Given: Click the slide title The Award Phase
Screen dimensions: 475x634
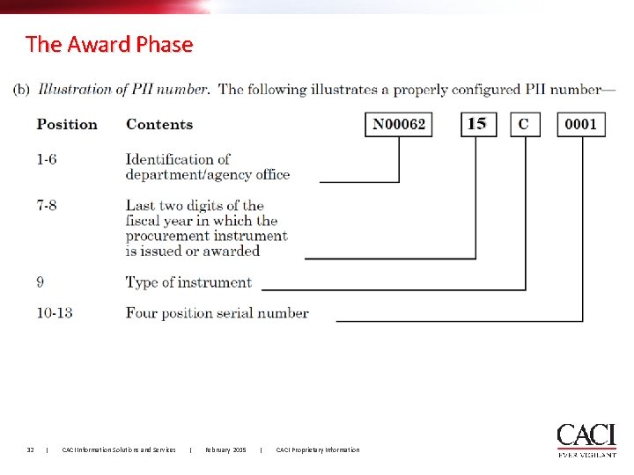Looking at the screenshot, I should coord(109,44).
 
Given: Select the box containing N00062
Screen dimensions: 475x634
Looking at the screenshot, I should coord(399,124).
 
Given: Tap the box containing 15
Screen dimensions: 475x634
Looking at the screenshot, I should coord(476,124).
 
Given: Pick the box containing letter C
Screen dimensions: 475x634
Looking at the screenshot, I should coord(524,124).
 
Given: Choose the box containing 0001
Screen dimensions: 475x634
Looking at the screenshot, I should coord(581,124).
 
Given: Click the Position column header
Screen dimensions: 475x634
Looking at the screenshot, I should coord(67,124).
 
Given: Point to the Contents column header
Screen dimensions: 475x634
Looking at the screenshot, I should coord(159,124).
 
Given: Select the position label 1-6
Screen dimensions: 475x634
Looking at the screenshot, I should coord(49,159).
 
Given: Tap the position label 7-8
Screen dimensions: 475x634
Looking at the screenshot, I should coord(49,206).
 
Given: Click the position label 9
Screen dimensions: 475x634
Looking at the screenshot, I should coord(41,282).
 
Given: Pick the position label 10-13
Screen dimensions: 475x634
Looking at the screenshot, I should coord(55,312).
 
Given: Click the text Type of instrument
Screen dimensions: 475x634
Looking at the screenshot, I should coord(188,282).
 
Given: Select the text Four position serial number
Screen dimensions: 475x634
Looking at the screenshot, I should coord(217,312).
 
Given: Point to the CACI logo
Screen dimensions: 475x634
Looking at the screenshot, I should coord(586,439).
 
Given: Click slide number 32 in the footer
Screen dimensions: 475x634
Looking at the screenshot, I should coord(30,450).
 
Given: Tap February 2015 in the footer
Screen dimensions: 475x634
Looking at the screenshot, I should coord(225,450).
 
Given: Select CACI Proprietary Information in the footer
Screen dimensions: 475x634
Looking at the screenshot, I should coord(318,450).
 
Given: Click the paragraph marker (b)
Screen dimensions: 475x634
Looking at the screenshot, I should coord(22,89).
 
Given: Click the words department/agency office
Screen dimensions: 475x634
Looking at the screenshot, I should coord(208,174).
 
